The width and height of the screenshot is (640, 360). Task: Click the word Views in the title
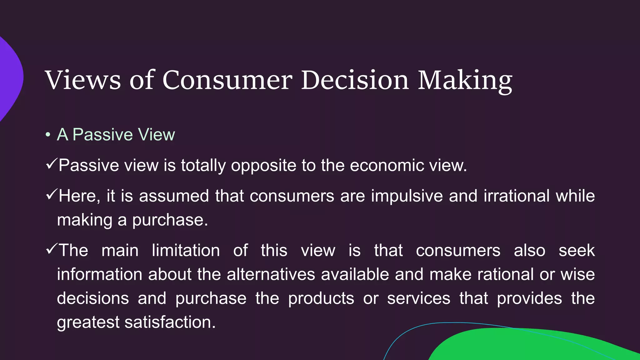point(83,80)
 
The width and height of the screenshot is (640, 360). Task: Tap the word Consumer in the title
point(227,80)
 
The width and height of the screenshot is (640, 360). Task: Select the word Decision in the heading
point(354,80)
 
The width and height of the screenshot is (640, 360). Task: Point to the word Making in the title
point(465,81)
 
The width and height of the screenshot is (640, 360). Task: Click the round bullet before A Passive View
point(47,135)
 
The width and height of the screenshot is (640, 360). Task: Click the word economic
point(387,165)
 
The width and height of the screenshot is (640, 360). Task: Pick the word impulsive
point(407,196)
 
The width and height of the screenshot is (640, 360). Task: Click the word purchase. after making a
point(170,220)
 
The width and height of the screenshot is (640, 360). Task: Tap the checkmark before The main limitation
point(51,249)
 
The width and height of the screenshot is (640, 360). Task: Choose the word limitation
point(186,251)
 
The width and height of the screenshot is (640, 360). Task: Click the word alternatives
point(271,275)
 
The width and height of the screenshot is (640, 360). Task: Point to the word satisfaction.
point(170,322)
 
